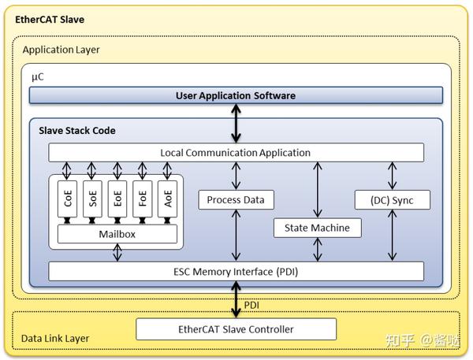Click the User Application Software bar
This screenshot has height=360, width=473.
click(236, 95)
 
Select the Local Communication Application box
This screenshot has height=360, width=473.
click(236, 152)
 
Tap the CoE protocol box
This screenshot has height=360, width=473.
click(69, 199)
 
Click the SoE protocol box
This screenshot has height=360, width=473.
click(93, 199)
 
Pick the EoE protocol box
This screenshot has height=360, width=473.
click(117, 199)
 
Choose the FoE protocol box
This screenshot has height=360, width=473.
click(142, 199)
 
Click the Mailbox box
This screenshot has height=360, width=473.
click(117, 234)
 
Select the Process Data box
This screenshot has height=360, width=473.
click(235, 200)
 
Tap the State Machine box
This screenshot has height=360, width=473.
click(317, 228)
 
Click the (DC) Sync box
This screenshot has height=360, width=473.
click(392, 200)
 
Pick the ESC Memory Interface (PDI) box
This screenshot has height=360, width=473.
click(236, 272)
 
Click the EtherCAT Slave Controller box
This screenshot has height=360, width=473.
click(236, 328)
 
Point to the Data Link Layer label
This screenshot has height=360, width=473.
click(55, 339)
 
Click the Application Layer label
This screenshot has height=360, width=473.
click(61, 50)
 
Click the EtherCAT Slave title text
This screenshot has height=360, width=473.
click(50, 18)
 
